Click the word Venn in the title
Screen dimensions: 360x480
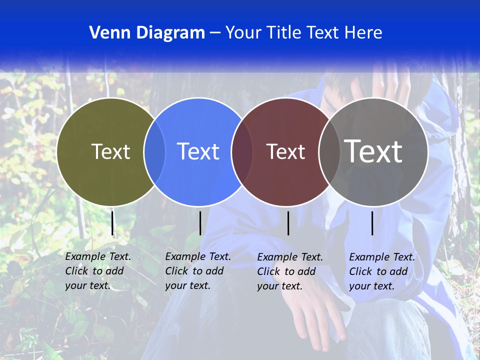105,33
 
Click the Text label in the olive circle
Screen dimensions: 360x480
110,151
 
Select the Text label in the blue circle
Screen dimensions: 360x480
198,151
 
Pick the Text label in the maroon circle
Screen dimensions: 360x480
285,151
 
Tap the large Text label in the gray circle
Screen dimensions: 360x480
373,151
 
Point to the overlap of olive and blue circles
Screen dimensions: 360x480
154,151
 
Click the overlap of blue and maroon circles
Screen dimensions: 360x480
242,151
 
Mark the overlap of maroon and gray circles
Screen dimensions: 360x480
329,151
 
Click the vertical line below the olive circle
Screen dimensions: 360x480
112,223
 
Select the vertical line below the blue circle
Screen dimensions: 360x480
200,223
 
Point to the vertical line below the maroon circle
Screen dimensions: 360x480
288,223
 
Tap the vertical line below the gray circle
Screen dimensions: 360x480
372,223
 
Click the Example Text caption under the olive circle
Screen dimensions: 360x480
98,271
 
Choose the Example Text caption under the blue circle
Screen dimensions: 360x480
198,271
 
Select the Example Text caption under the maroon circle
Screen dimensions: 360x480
290,271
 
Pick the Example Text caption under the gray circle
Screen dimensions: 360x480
382,271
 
